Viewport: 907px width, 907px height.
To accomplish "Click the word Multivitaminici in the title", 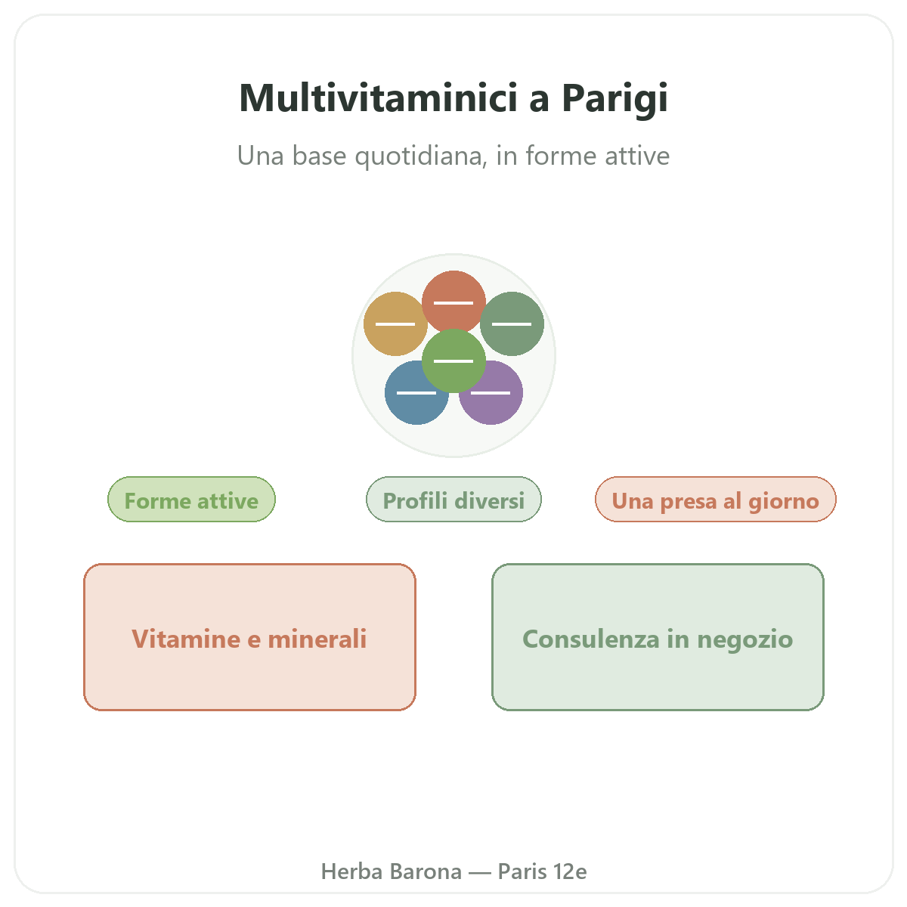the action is click(x=379, y=98).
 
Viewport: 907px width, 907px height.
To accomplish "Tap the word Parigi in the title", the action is click(x=614, y=100).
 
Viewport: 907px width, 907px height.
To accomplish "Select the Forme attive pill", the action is click(x=191, y=499).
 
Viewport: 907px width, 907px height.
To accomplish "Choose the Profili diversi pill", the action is click(x=453, y=499).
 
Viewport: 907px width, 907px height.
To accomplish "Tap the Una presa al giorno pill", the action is click(x=716, y=499).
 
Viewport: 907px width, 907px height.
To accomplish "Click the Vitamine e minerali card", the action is click(x=249, y=637).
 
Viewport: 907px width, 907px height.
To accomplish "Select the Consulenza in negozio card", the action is click(x=658, y=637).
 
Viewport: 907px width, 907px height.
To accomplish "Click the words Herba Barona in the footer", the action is click(x=391, y=871).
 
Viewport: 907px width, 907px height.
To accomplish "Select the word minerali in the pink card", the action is click(x=317, y=639).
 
